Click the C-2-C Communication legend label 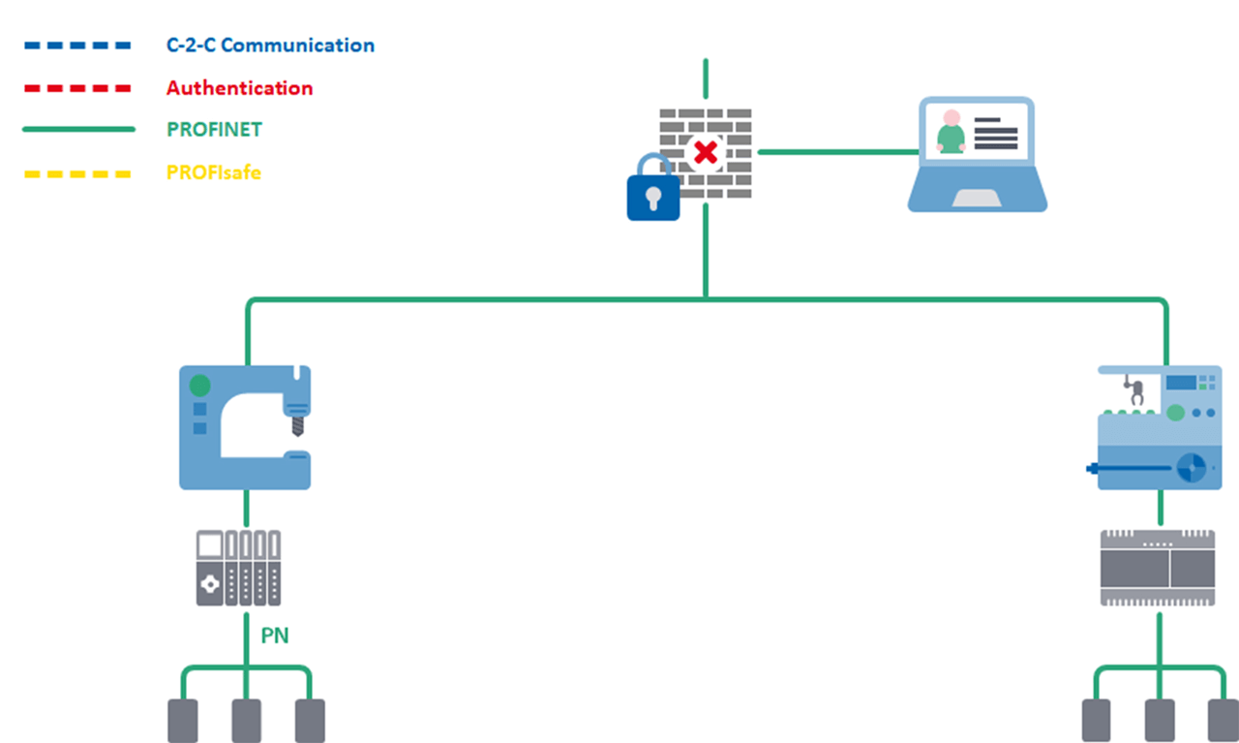click(x=270, y=46)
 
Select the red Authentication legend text click(x=239, y=88)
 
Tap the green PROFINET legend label click(x=214, y=130)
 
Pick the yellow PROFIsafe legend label click(x=213, y=173)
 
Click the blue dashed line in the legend click(x=76, y=46)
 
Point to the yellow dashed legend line click(x=76, y=174)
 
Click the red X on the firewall click(x=706, y=152)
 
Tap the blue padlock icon click(x=653, y=189)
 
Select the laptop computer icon click(x=977, y=155)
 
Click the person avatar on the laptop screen click(x=952, y=133)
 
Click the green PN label click(x=275, y=636)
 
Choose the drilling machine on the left click(x=245, y=426)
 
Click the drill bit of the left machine click(x=297, y=425)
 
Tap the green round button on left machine click(x=199, y=386)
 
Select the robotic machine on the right click(x=1159, y=427)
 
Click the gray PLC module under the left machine click(x=238, y=568)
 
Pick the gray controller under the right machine click(x=1158, y=568)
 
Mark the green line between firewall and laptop click(x=837, y=152)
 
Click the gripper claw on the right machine click(x=1133, y=391)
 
